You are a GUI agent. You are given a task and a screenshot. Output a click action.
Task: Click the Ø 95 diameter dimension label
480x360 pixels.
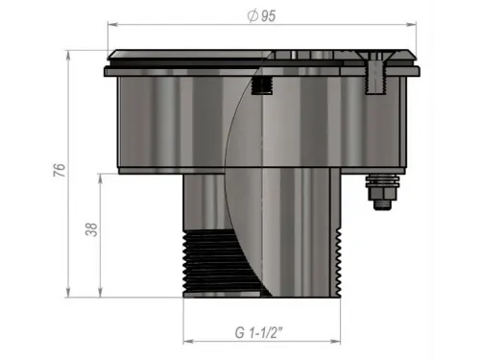(262, 15)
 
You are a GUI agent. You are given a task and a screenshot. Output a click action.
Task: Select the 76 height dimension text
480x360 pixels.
(60, 170)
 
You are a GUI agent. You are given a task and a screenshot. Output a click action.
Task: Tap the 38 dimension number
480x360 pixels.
(91, 229)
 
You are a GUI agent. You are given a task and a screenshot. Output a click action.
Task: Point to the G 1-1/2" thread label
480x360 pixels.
(259, 332)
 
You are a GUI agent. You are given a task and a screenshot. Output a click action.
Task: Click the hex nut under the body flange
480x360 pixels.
(383, 193)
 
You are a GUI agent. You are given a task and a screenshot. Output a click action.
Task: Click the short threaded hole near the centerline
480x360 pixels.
(262, 85)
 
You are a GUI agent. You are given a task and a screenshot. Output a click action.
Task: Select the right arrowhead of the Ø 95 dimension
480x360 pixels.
(411, 25)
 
